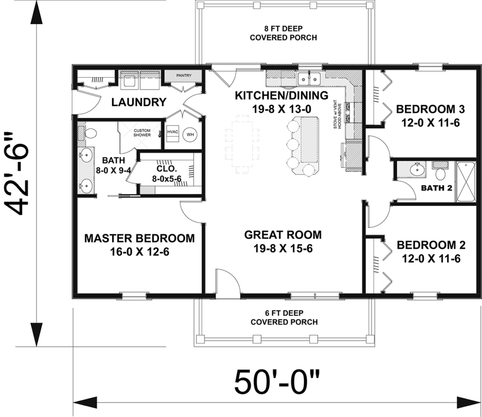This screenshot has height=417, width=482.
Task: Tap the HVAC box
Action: pyautogui.click(x=172, y=132)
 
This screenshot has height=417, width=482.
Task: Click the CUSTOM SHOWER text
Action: pyautogui.click(x=142, y=132)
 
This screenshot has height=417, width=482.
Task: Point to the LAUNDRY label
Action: pyautogui.click(x=138, y=102)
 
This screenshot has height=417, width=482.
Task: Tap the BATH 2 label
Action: pyautogui.click(x=436, y=188)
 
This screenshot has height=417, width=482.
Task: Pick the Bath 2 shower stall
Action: pyautogui.click(x=466, y=181)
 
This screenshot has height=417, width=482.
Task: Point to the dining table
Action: pyautogui.click(x=243, y=146)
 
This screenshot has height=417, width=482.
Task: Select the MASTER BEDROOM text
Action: pyautogui.click(x=139, y=238)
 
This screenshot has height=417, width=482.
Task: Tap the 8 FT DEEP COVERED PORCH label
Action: pyautogui.click(x=283, y=32)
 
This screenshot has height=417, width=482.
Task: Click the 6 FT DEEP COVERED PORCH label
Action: pyautogui.click(x=283, y=317)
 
